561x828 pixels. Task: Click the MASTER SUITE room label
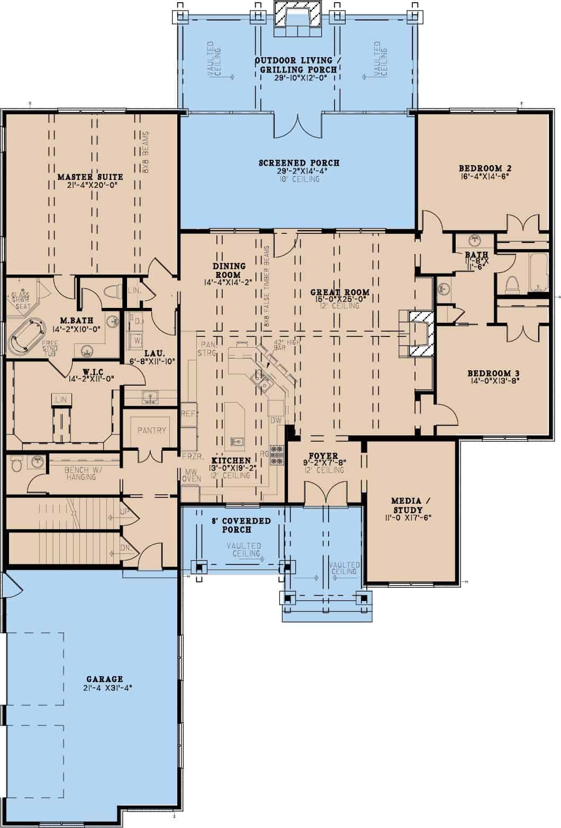pos(90,177)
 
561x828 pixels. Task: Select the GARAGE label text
pos(104,679)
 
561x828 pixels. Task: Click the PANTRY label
pos(152,430)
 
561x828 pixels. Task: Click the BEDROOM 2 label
pos(485,169)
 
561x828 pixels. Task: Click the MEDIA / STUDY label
pos(406,505)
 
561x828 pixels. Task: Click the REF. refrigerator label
pos(188,413)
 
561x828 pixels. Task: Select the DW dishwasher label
pos(275,420)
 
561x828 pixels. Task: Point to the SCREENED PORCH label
pos(298,163)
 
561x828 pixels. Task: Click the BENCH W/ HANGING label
pos(80,473)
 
